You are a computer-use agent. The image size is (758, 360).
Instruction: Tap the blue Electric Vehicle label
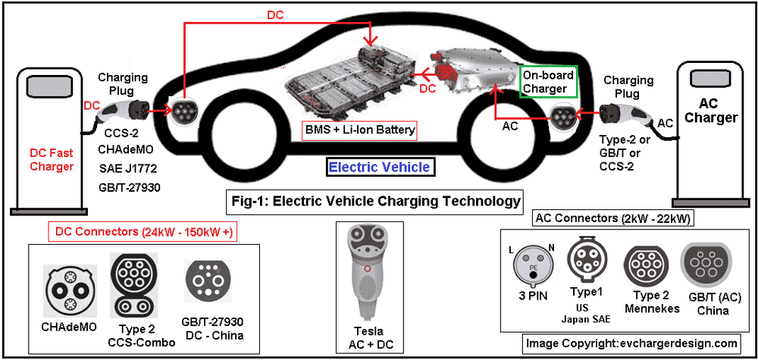(x=379, y=167)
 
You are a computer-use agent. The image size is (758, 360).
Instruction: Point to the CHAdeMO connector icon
(x=68, y=287)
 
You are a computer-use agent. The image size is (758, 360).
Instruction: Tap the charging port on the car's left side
(x=183, y=111)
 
